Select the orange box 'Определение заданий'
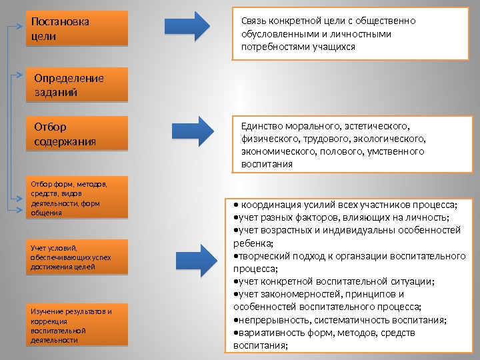(x=76, y=85)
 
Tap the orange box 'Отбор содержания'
(x=76, y=134)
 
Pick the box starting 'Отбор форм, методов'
(x=76, y=197)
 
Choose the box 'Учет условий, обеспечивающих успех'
(x=76, y=257)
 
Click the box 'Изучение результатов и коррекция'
(x=76, y=325)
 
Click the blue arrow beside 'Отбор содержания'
(x=195, y=129)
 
